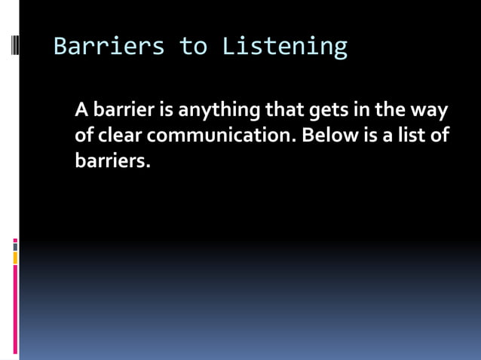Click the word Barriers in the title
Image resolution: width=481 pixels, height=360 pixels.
click(x=109, y=47)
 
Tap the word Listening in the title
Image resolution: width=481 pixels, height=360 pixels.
click(x=285, y=47)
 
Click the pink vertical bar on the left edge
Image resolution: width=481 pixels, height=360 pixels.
click(x=15, y=309)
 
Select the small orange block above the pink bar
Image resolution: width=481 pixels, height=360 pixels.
click(x=15, y=258)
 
